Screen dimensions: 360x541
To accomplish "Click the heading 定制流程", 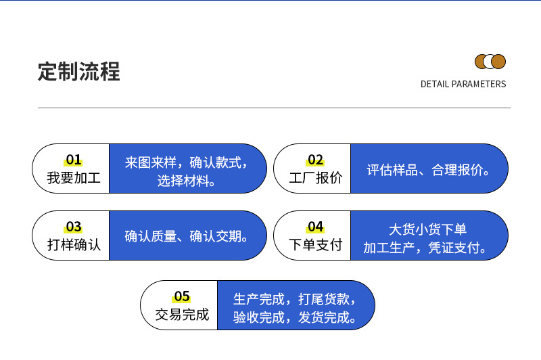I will coord(78,71).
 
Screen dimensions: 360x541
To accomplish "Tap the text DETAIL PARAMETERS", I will coord(463,85).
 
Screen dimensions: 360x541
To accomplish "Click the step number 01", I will coord(73,160).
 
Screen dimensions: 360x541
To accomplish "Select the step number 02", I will coord(315,160).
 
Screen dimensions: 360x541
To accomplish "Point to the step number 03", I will coord(73,227).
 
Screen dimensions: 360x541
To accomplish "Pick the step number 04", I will coord(315,227).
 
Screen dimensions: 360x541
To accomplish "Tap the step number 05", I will coord(181,296).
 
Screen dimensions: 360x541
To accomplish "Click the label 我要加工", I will coord(73,178).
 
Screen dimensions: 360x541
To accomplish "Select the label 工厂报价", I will coord(315,178).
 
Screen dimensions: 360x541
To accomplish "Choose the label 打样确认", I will coord(73,245).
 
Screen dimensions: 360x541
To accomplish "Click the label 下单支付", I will coord(315,245).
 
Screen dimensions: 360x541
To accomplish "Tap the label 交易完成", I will coord(181,315).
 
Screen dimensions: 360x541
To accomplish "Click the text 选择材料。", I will coord(187,181).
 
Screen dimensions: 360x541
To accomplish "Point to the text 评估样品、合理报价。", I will coord(429,170).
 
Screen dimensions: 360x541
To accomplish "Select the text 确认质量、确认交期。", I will coord(187,236).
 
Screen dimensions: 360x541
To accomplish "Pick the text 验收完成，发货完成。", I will coord(295,317).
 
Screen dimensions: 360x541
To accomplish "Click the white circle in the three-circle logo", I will coord(490,62).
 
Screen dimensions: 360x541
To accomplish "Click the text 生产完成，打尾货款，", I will coord(295,298).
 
